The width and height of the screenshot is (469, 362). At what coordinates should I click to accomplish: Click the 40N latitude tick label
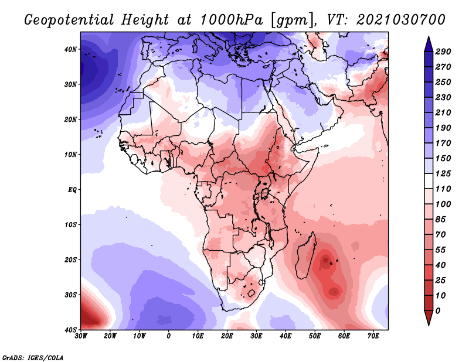(70, 49)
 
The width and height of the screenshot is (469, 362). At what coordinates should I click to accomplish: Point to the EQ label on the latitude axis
(72, 190)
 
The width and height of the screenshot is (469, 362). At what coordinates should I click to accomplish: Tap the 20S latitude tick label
(70, 259)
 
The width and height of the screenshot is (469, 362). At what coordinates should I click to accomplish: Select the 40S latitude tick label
(70, 330)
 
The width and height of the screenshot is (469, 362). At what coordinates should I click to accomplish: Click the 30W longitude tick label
(81, 336)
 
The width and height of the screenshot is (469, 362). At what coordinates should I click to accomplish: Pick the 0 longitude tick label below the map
(169, 336)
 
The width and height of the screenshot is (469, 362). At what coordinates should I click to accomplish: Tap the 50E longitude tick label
(315, 336)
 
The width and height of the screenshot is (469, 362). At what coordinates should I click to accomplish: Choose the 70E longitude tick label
(373, 336)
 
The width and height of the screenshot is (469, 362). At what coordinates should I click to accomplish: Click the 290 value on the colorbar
(443, 52)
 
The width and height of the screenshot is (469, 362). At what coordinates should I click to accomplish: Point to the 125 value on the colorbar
(443, 173)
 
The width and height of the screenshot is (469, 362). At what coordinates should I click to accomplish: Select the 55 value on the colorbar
(441, 250)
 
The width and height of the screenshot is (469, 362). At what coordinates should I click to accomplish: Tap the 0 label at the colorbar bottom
(438, 311)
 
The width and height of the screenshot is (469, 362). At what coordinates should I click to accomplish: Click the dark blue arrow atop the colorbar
(429, 44)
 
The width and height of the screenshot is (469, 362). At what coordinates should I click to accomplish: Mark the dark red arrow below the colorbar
(429, 317)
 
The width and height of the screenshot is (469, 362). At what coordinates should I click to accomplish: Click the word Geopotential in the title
(69, 20)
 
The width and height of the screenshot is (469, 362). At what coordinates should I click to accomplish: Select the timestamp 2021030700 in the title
(401, 20)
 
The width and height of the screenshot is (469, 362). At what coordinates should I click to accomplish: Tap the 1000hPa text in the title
(232, 20)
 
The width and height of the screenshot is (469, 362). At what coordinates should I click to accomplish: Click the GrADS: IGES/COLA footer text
(33, 357)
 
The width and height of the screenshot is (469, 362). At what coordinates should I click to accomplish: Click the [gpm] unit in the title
(293, 21)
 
